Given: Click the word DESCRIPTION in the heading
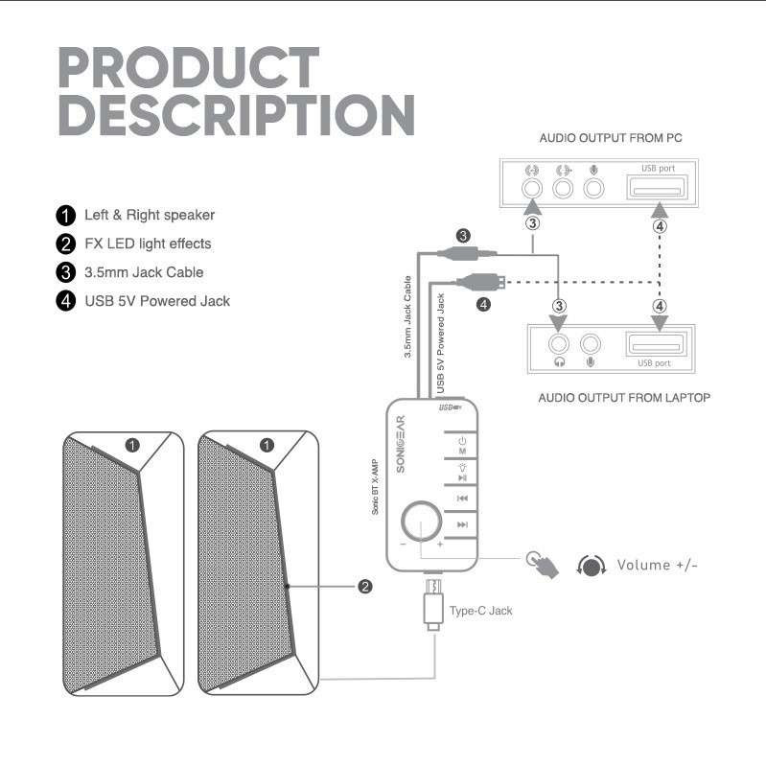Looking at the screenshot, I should click(x=236, y=115).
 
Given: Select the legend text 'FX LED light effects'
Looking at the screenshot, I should click(x=148, y=244).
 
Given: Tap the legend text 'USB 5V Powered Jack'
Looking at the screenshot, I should click(x=157, y=301).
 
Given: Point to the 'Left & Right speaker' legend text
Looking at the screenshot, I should click(x=150, y=215).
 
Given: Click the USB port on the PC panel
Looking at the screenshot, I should click(x=657, y=189).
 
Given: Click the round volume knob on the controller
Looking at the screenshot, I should click(x=423, y=522).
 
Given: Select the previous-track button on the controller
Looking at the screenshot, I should click(x=462, y=499).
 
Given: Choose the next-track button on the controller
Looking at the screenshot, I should click(x=462, y=524).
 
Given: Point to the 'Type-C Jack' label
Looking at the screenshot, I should click(x=480, y=610).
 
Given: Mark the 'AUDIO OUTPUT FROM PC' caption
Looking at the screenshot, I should click(x=610, y=138).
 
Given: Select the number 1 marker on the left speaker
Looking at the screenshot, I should click(x=133, y=445).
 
